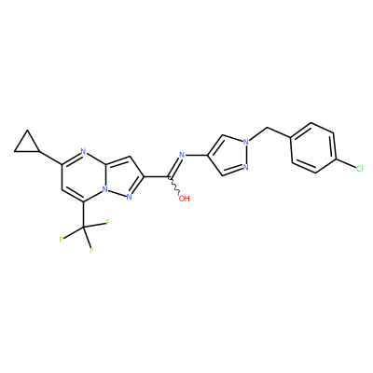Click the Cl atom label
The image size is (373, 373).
(359, 169)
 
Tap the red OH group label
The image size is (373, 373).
(185, 199)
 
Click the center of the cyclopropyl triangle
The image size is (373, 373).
(28, 145)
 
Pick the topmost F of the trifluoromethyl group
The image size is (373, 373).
(108, 223)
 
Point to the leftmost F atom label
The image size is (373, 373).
(61, 240)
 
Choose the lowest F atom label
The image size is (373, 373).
(91, 250)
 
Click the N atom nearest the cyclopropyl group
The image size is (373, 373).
(83, 152)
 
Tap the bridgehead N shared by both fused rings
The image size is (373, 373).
(105, 189)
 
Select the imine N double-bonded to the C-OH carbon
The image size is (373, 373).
(182, 155)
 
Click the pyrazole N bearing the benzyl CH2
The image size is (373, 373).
(246, 143)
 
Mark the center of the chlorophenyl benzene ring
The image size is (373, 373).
(312, 148)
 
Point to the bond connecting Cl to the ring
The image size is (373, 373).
(345, 164)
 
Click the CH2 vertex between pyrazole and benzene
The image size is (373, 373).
(268, 128)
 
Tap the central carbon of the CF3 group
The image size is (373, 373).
(83, 228)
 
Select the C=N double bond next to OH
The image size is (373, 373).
(175, 167)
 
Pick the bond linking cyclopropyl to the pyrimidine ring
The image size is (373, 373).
(51, 159)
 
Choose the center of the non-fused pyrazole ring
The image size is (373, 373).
(230, 155)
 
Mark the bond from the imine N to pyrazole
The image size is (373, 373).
(197, 155)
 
